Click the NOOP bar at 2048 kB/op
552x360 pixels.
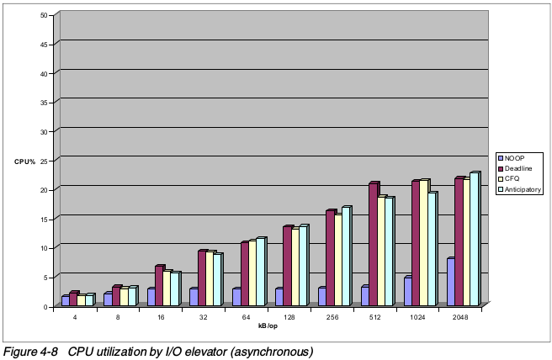[450, 283]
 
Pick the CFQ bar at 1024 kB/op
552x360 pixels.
[423, 243]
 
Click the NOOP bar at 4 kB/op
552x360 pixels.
[65, 300]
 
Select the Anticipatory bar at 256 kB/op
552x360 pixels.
[345, 257]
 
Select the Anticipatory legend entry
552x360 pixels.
[523, 190]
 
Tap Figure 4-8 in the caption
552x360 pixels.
[30, 351]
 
